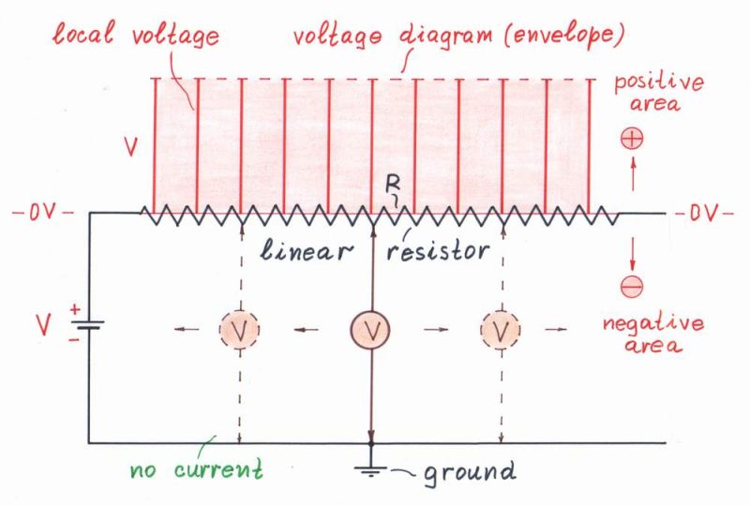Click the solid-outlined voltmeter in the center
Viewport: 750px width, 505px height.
(x=372, y=329)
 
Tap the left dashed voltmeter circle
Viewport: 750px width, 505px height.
(x=239, y=329)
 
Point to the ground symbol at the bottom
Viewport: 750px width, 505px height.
(x=372, y=468)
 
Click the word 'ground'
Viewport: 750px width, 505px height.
(x=470, y=471)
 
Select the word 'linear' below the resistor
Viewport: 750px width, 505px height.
(x=309, y=251)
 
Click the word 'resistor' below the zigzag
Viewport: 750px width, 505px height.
(x=437, y=251)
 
